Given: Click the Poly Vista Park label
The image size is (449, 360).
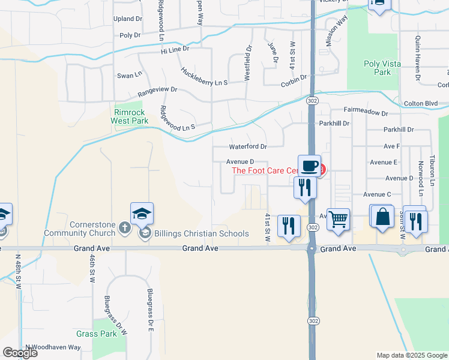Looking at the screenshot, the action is (x=377, y=68).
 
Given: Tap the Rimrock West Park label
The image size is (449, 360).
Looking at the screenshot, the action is (x=129, y=116).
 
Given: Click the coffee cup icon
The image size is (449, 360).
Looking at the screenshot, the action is (x=309, y=165).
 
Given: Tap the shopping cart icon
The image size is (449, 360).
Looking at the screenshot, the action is (x=338, y=219).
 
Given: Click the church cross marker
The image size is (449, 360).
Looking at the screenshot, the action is (x=124, y=227).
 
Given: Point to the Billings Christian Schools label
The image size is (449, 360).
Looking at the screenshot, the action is (x=201, y=233).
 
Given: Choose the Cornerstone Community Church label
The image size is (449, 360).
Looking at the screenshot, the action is (x=92, y=229).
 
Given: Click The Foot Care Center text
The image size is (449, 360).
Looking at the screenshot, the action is (x=265, y=170).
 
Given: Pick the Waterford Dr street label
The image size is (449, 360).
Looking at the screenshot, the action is (x=247, y=146).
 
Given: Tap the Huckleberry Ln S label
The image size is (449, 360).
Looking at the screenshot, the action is (x=204, y=76).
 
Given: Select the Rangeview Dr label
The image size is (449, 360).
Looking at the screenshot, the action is (x=157, y=91).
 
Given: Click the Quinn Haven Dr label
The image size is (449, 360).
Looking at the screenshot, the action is (x=418, y=58).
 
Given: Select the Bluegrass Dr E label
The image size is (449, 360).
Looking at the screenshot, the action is (x=151, y=310).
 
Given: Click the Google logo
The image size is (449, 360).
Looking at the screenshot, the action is (x=20, y=353).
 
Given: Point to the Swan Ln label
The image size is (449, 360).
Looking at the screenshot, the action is (x=129, y=75).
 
